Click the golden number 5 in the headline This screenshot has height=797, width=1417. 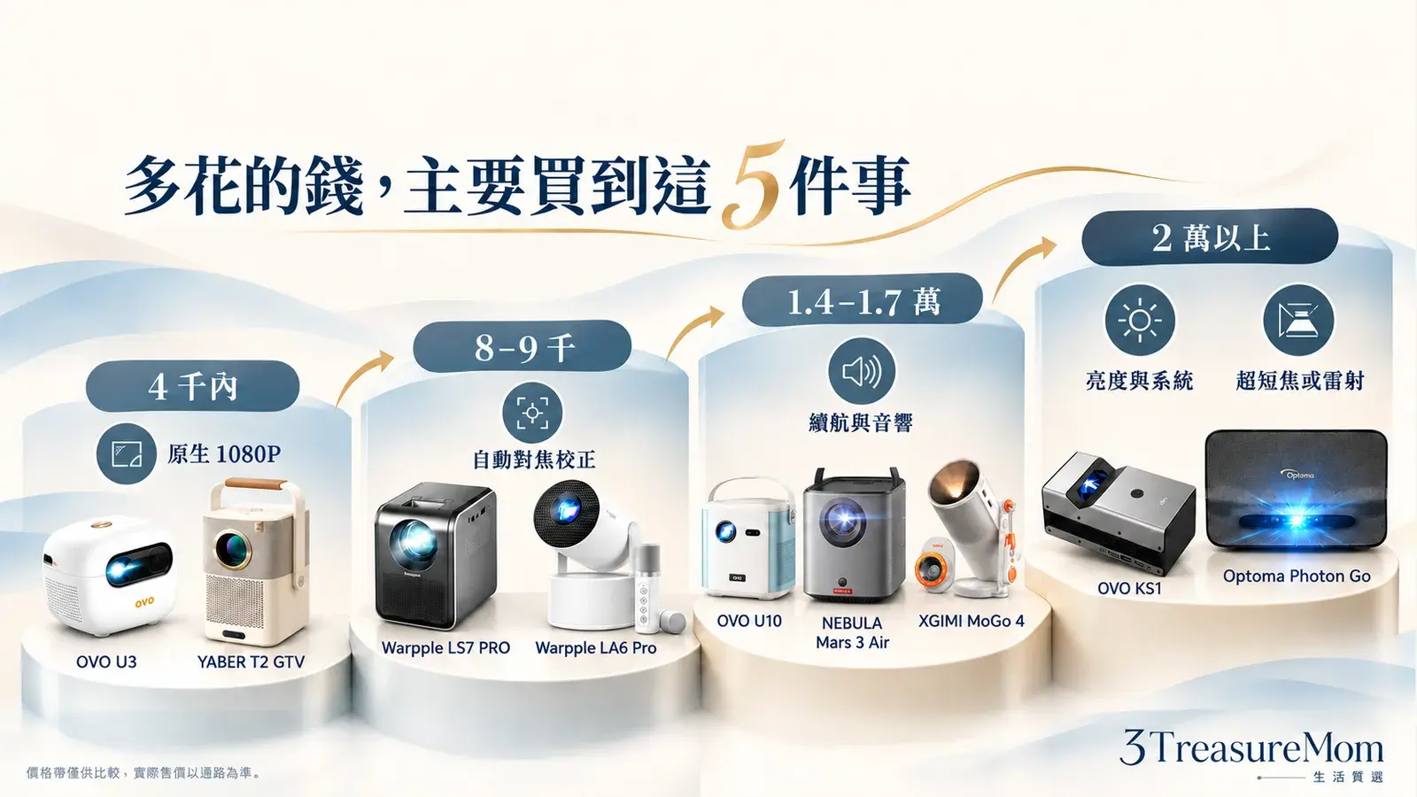click(754, 185)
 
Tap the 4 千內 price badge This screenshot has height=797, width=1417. click(192, 386)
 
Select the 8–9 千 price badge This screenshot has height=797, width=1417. click(522, 346)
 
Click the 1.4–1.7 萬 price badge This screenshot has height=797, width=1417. click(863, 299)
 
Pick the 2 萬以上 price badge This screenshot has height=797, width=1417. click(1210, 237)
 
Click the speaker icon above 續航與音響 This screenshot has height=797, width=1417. click(862, 371)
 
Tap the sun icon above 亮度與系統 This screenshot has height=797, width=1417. click(1139, 320)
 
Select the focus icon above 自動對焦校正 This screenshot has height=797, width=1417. click(532, 413)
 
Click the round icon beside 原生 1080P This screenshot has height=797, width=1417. click(127, 453)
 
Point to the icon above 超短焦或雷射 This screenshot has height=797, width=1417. click(1298, 320)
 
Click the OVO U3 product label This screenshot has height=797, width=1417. click(106, 662)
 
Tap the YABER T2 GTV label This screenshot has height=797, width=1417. click(251, 662)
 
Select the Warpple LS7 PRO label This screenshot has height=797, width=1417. click(445, 647)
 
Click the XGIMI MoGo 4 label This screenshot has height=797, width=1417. click(971, 621)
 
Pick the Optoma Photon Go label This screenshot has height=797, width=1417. click(1297, 576)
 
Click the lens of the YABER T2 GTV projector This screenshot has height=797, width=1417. click(232, 549)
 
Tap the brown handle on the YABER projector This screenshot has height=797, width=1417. click(256, 484)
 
